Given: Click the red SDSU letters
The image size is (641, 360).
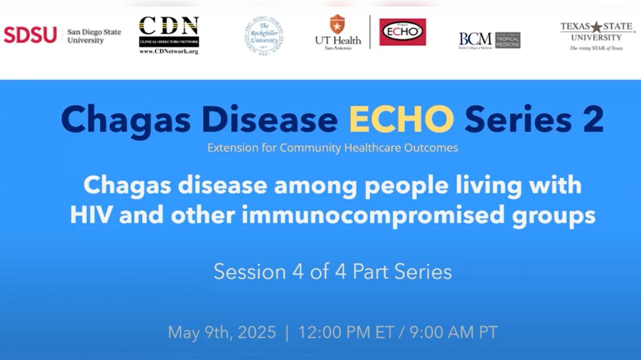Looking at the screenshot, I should pyautogui.click(x=30, y=35).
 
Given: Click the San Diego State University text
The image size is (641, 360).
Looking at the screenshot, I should pyautogui.click(x=94, y=36).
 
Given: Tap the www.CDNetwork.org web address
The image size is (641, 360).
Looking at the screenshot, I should pyautogui.click(x=169, y=52).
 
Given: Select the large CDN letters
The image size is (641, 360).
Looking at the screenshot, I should pyautogui.click(x=169, y=25).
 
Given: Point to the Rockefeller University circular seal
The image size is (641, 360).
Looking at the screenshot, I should pyautogui.click(x=264, y=36).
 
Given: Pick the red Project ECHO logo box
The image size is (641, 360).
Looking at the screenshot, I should pyautogui.click(x=403, y=32).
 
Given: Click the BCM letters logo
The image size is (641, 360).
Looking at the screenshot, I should pyautogui.click(x=475, y=38).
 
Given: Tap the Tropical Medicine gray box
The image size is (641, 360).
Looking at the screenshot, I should pyautogui.click(x=507, y=40).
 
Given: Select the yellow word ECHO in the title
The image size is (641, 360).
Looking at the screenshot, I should pyautogui.click(x=401, y=120).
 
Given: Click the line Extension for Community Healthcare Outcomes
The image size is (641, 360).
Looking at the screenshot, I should pyautogui.click(x=332, y=148).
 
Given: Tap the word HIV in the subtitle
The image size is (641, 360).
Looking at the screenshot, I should pyautogui.click(x=91, y=216).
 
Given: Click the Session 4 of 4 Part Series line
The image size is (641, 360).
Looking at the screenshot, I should pyautogui.click(x=332, y=272).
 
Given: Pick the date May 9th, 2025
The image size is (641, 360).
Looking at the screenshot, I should pyautogui.click(x=222, y=333).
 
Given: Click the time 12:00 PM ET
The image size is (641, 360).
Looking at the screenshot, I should pyautogui.click(x=342, y=333).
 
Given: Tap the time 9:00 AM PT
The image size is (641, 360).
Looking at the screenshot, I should pyautogui.click(x=453, y=333).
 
